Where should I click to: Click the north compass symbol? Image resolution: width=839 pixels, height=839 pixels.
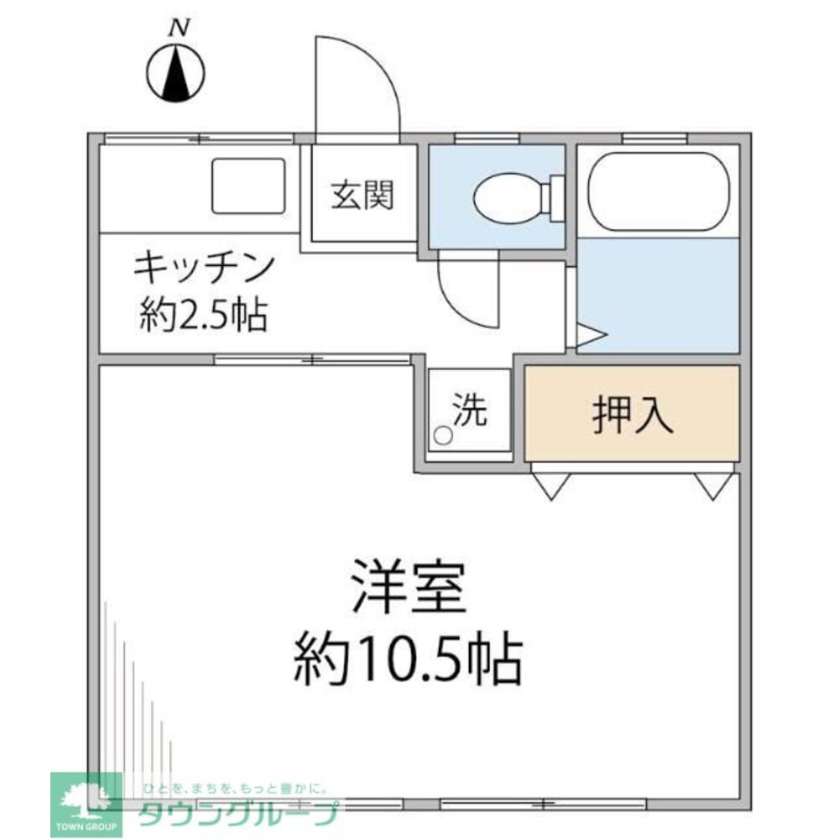tap(177, 74)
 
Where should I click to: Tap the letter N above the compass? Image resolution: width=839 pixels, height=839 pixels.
tap(178, 29)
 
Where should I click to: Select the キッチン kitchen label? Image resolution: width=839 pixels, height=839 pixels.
tap(204, 268)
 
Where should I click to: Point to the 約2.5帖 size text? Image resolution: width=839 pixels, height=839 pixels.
tap(204, 315)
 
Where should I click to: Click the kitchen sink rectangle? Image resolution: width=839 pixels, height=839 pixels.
tap(248, 185)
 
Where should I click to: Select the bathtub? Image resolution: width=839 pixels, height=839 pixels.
tap(657, 191)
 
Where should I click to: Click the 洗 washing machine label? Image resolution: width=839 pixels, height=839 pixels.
tap(470, 409)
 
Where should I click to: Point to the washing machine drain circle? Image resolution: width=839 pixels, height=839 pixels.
tap(442, 435)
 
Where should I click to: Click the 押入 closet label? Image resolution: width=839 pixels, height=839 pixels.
tap(633, 414)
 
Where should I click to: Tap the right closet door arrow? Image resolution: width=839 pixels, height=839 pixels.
tap(712, 485)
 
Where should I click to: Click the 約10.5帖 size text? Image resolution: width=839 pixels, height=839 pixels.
tap(408, 658)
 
